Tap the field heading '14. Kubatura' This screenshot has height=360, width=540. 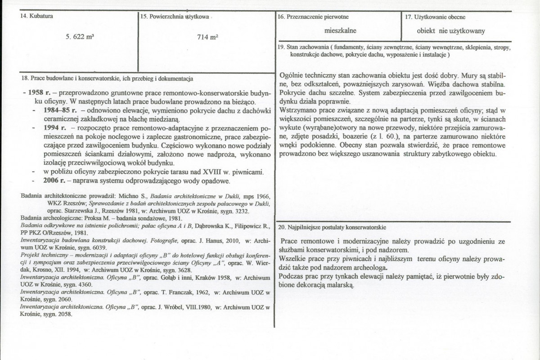point(34,17)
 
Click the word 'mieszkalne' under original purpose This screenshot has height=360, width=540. point(340,31)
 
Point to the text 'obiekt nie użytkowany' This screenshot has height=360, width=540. point(450,31)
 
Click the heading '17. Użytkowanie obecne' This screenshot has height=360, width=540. point(435,17)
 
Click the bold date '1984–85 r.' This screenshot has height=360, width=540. point(60,110)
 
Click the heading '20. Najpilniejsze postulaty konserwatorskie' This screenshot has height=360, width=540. point(332,227)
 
